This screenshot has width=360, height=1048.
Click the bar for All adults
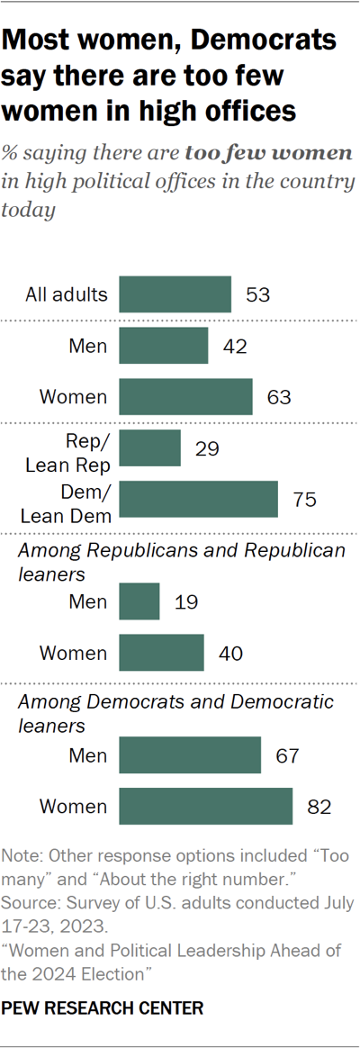tap(175, 294)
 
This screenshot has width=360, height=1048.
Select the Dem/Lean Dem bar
tap(199, 500)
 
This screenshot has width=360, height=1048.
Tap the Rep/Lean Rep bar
tap(150, 447)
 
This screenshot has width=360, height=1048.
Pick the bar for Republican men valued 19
tap(139, 601)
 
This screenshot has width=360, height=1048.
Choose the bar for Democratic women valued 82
tap(206, 806)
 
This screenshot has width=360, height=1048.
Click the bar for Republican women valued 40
tap(162, 653)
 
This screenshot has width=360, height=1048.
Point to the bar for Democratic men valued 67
tap(190, 754)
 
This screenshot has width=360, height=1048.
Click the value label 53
tap(257, 294)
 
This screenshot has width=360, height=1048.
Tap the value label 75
tap(304, 500)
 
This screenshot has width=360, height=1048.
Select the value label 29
tap(207, 447)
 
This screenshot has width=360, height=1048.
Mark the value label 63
tap(279, 397)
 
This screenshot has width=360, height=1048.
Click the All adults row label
tap(67, 294)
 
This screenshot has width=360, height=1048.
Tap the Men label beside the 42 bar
tap(88, 346)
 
